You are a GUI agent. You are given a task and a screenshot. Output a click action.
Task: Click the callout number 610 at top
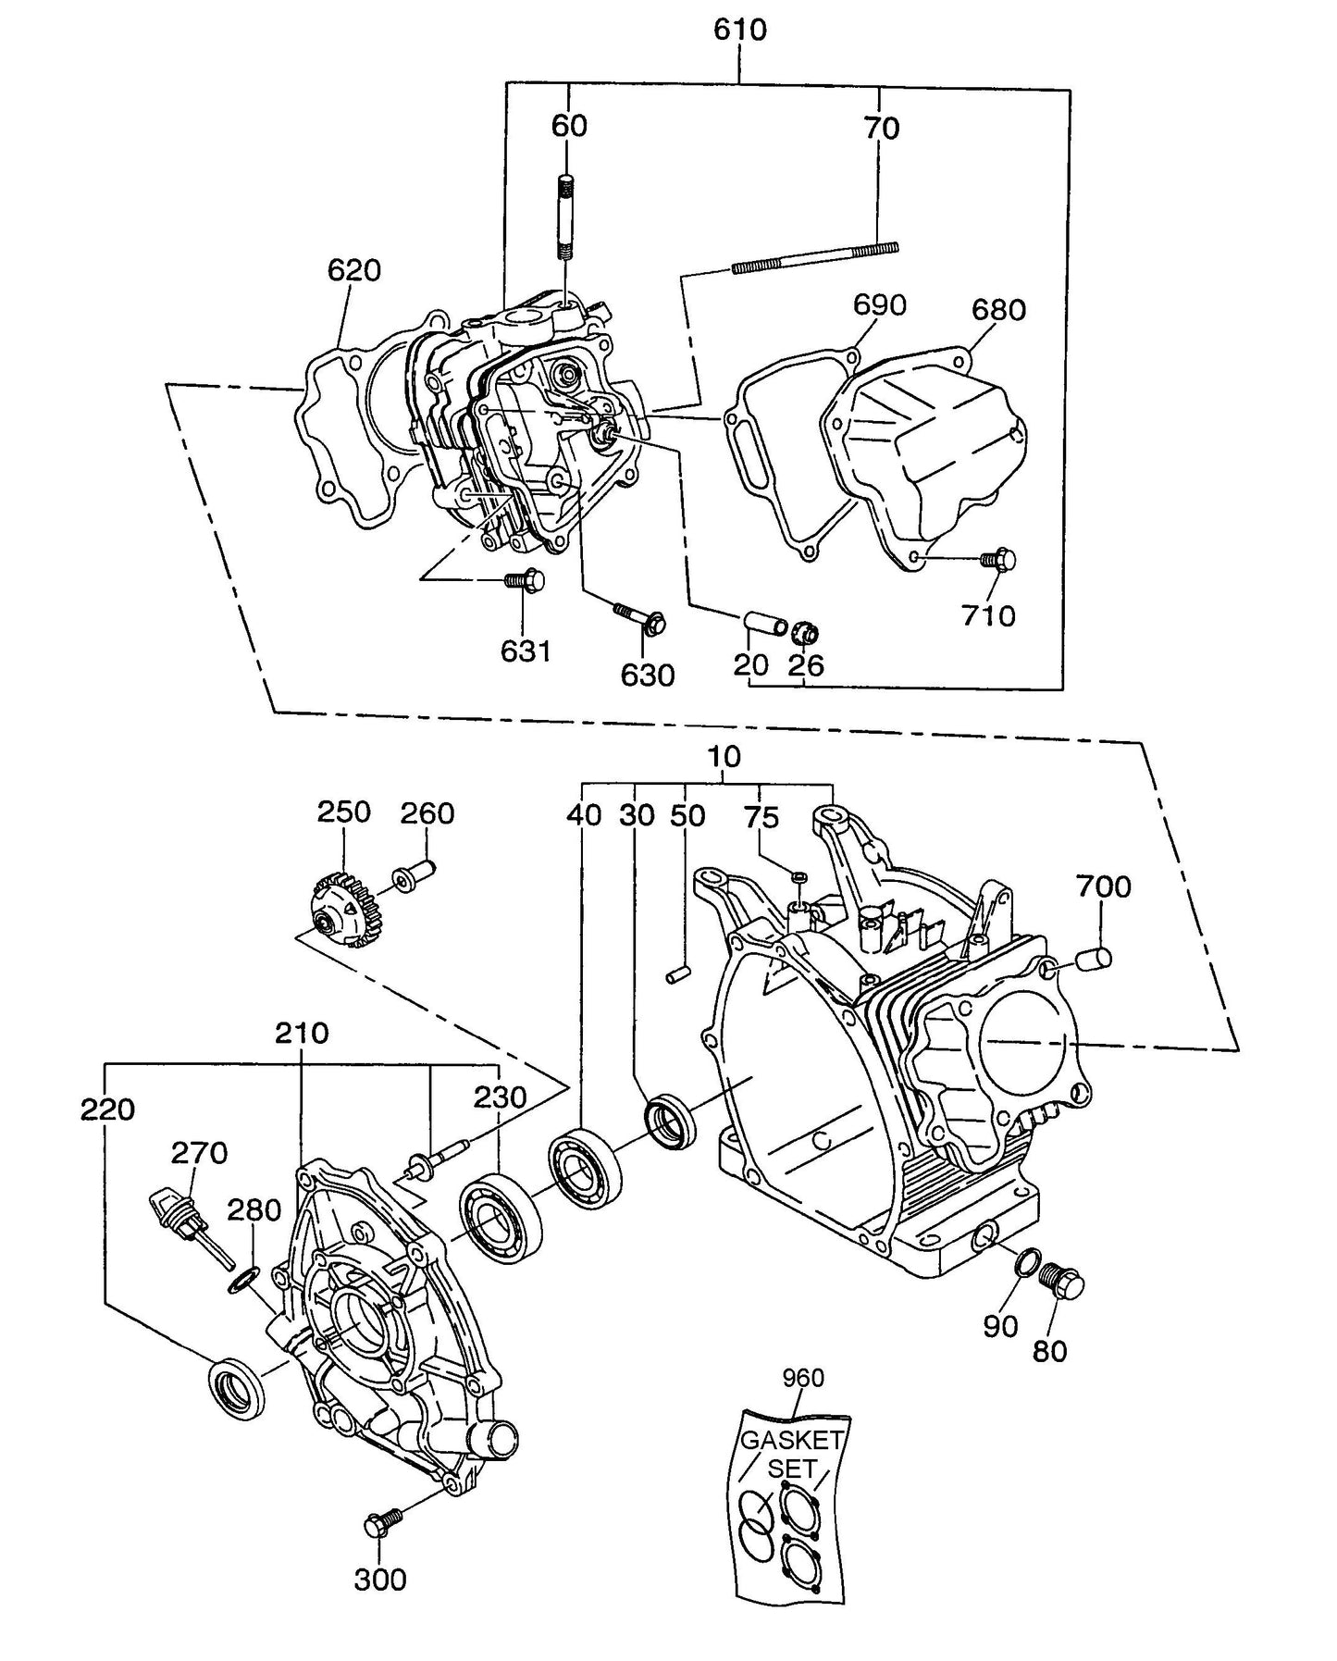pos(739,30)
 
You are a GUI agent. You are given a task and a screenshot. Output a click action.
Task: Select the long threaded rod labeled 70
pos(814,257)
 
